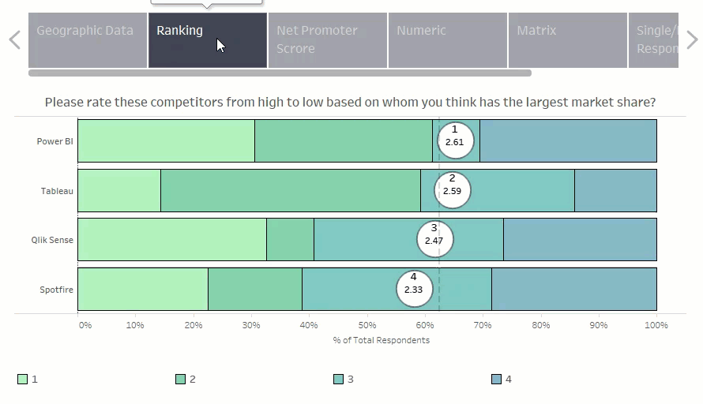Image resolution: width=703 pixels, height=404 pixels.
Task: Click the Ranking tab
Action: tap(207, 39)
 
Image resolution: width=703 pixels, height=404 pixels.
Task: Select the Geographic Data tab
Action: tap(87, 39)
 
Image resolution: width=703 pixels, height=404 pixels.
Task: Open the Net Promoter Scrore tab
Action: tap(327, 39)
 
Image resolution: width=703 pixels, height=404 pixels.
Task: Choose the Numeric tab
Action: tap(447, 39)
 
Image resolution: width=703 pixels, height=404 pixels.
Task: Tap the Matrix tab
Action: tap(567, 39)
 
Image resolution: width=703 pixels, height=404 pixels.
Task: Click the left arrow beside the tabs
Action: tap(14, 39)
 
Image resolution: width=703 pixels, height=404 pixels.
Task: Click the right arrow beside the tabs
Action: tap(692, 39)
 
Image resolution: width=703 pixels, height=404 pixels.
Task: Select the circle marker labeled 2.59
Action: tap(453, 190)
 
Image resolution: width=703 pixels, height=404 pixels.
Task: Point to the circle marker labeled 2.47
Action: tap(434, 240)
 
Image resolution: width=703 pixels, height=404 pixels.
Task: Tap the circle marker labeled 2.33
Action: tap(413, 289)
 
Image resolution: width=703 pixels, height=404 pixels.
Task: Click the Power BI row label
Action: tap(55, 142)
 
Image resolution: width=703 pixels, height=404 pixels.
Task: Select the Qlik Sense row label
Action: tap(52, 240)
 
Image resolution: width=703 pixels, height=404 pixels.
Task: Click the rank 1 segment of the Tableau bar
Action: tap(118, 190)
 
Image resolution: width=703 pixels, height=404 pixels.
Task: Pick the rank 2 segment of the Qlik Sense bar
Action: tap(290, 240)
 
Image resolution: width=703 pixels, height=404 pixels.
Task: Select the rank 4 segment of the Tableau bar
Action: tap(615, 190)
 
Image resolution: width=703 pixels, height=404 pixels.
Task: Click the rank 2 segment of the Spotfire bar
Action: tap(254, 289)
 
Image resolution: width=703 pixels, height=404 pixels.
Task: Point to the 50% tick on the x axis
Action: tap(367, 325)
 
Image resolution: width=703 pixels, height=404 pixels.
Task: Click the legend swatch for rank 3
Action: tap(339, 380)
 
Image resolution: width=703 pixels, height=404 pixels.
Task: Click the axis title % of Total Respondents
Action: tap(382, 340)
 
